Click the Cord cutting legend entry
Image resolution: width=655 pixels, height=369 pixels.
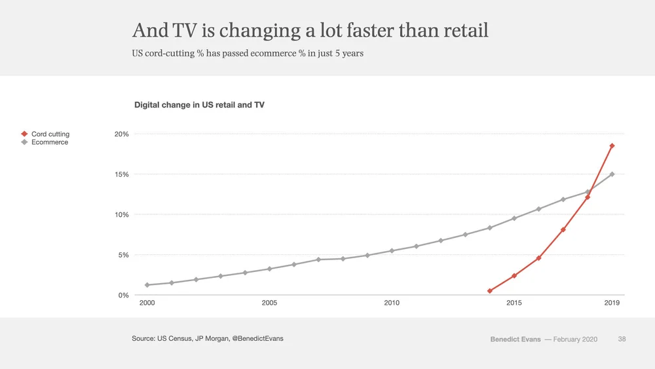pos(46,134)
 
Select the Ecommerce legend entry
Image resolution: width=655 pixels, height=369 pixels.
pos(45,142)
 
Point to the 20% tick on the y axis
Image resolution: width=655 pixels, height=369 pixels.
pos(122,134)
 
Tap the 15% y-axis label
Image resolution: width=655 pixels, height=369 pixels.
pos(122,174)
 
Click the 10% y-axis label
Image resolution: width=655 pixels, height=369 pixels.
pos(122,215)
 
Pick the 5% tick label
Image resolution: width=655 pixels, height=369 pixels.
pos(123,255)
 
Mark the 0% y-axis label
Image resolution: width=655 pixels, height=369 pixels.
pos(123,295)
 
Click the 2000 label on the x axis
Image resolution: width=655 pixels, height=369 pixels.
pos(147,303)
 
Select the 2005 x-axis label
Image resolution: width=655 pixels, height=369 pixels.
pos(269,303)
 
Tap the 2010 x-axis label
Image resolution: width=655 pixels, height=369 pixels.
pos(392,303)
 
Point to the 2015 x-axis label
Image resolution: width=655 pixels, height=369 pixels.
pos(514,303)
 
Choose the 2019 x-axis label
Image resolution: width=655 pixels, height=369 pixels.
pos(612,303)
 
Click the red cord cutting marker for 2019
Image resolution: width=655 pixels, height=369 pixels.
pos(612,146)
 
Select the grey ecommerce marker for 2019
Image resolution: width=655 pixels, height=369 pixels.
pos(612,174)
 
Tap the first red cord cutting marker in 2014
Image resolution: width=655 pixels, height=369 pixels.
pos(489,291)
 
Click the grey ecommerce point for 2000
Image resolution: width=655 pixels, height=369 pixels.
pos(147,285)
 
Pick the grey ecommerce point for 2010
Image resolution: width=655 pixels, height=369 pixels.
pos(392,251)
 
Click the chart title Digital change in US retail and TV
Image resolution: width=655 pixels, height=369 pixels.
pos(199,105)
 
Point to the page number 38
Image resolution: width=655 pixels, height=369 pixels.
pos(622,339)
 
